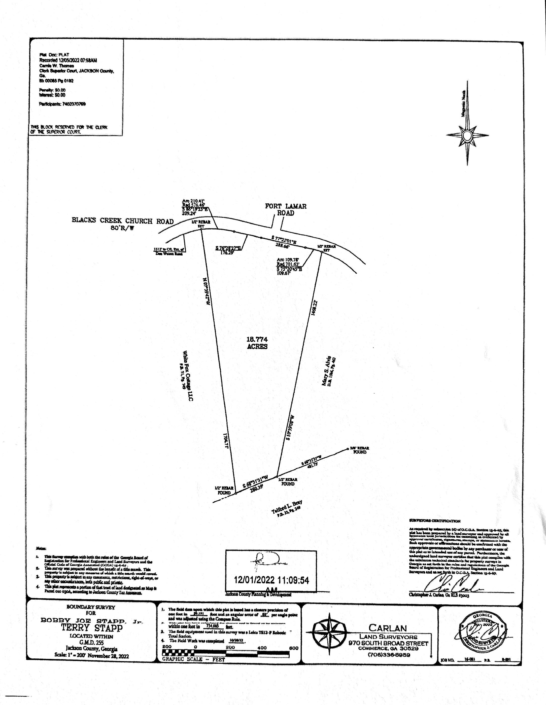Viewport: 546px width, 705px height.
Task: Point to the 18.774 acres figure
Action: click(x=257, y=343)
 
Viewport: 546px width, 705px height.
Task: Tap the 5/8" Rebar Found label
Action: click(x=359, y=450)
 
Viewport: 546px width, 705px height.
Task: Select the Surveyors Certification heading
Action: click(x=434, y=521)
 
